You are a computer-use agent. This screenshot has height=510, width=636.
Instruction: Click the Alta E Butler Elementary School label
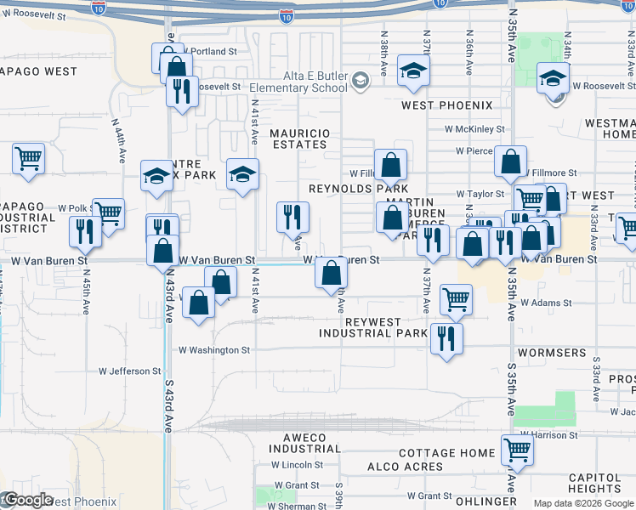(298, 82)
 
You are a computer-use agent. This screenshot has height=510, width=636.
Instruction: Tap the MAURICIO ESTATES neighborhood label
(298, 139)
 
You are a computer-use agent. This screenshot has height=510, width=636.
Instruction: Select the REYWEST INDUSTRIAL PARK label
(373, 327)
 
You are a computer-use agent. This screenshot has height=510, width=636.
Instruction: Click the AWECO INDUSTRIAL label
(305, 442)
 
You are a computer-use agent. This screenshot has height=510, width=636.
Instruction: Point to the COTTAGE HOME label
(446, 453)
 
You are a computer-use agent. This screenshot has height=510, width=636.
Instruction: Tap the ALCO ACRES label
(405, 467)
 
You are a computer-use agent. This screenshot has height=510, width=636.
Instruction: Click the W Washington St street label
(214, 349)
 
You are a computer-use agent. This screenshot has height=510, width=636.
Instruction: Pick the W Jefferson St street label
(129, 371)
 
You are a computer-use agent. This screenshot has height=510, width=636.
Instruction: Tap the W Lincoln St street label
(297, 465)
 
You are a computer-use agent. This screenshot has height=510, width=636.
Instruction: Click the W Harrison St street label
(550, 435)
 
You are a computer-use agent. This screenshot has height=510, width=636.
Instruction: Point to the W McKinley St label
(474, 129)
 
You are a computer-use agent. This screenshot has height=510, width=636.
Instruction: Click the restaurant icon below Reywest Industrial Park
(446, 338)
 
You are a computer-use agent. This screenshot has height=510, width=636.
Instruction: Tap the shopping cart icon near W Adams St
(456, 298)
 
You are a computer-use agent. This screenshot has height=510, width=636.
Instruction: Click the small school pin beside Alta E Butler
(361, 81)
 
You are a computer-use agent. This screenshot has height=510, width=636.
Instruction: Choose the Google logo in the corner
(27, 501)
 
